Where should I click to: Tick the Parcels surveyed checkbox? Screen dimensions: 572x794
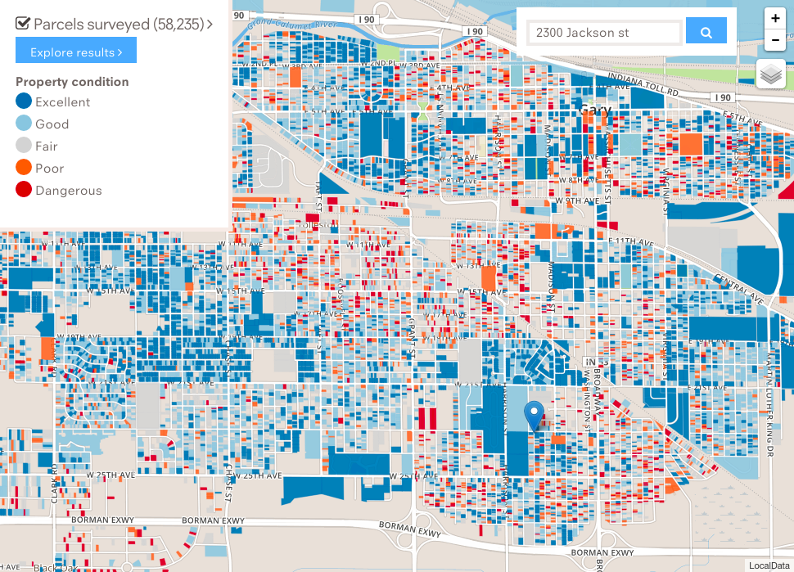click(x=23, y=24)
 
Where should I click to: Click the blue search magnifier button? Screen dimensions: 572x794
click(x=706, y=32)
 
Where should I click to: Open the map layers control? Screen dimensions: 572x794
click(x=771, y=74)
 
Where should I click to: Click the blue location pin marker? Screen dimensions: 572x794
click(x=535, y=416)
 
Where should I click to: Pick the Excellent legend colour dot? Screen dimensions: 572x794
click(x=24, y=102)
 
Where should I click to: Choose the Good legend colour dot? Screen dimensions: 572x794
click(x=24, y=124)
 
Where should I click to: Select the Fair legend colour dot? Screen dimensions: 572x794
click(x=24, y=146)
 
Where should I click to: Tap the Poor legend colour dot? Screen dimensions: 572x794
click(x=24, y=169)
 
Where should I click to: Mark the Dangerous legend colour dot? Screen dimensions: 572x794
click(x=24, y=191)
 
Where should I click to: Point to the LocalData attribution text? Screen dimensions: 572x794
click(x=769, y=565)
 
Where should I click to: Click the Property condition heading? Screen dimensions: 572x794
click(x=72, y=82)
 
